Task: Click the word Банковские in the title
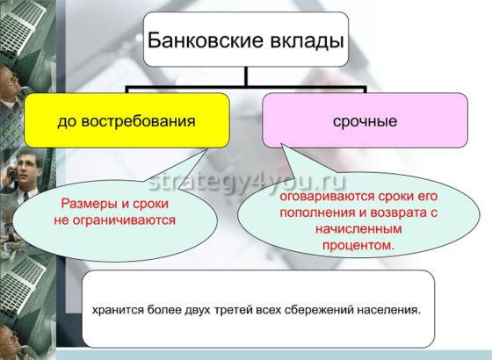196,40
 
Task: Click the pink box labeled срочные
365,120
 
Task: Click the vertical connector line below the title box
246,77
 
